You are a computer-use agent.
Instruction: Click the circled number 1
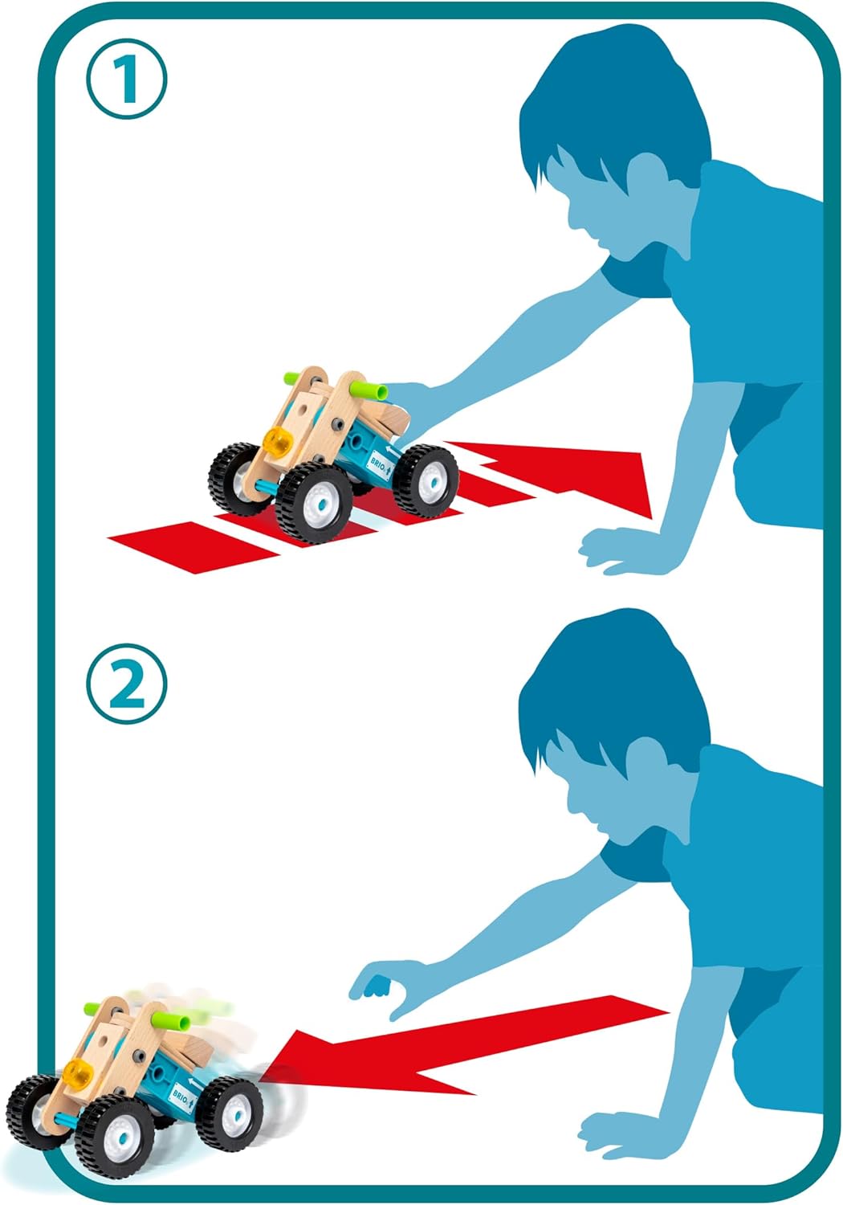[x=127, y=79]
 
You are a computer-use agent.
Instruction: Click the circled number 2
[x=127, y=684]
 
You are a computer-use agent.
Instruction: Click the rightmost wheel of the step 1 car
[x=426, y=481]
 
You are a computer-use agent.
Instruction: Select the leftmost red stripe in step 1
[x=194, y=546]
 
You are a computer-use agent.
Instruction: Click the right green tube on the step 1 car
[x=369, y=390]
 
